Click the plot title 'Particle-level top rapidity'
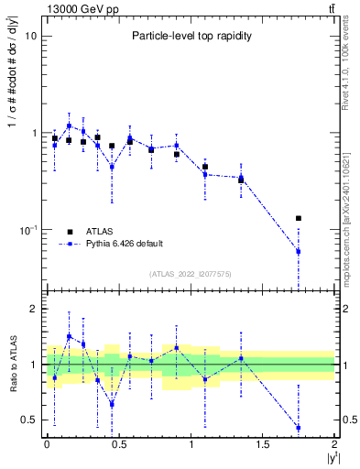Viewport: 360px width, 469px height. [x=191, y=36]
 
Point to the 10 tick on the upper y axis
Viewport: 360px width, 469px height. [x=30, y=36]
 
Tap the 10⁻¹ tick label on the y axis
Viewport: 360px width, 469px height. [x=26, y=230]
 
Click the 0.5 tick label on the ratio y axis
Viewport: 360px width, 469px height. [x=28, y=420]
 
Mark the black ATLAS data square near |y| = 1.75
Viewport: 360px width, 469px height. [x=299, y=218]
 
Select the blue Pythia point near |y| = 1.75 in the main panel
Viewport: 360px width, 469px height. [x=299, y=251]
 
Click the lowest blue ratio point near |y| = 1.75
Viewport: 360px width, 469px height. [x=299, y=428]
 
